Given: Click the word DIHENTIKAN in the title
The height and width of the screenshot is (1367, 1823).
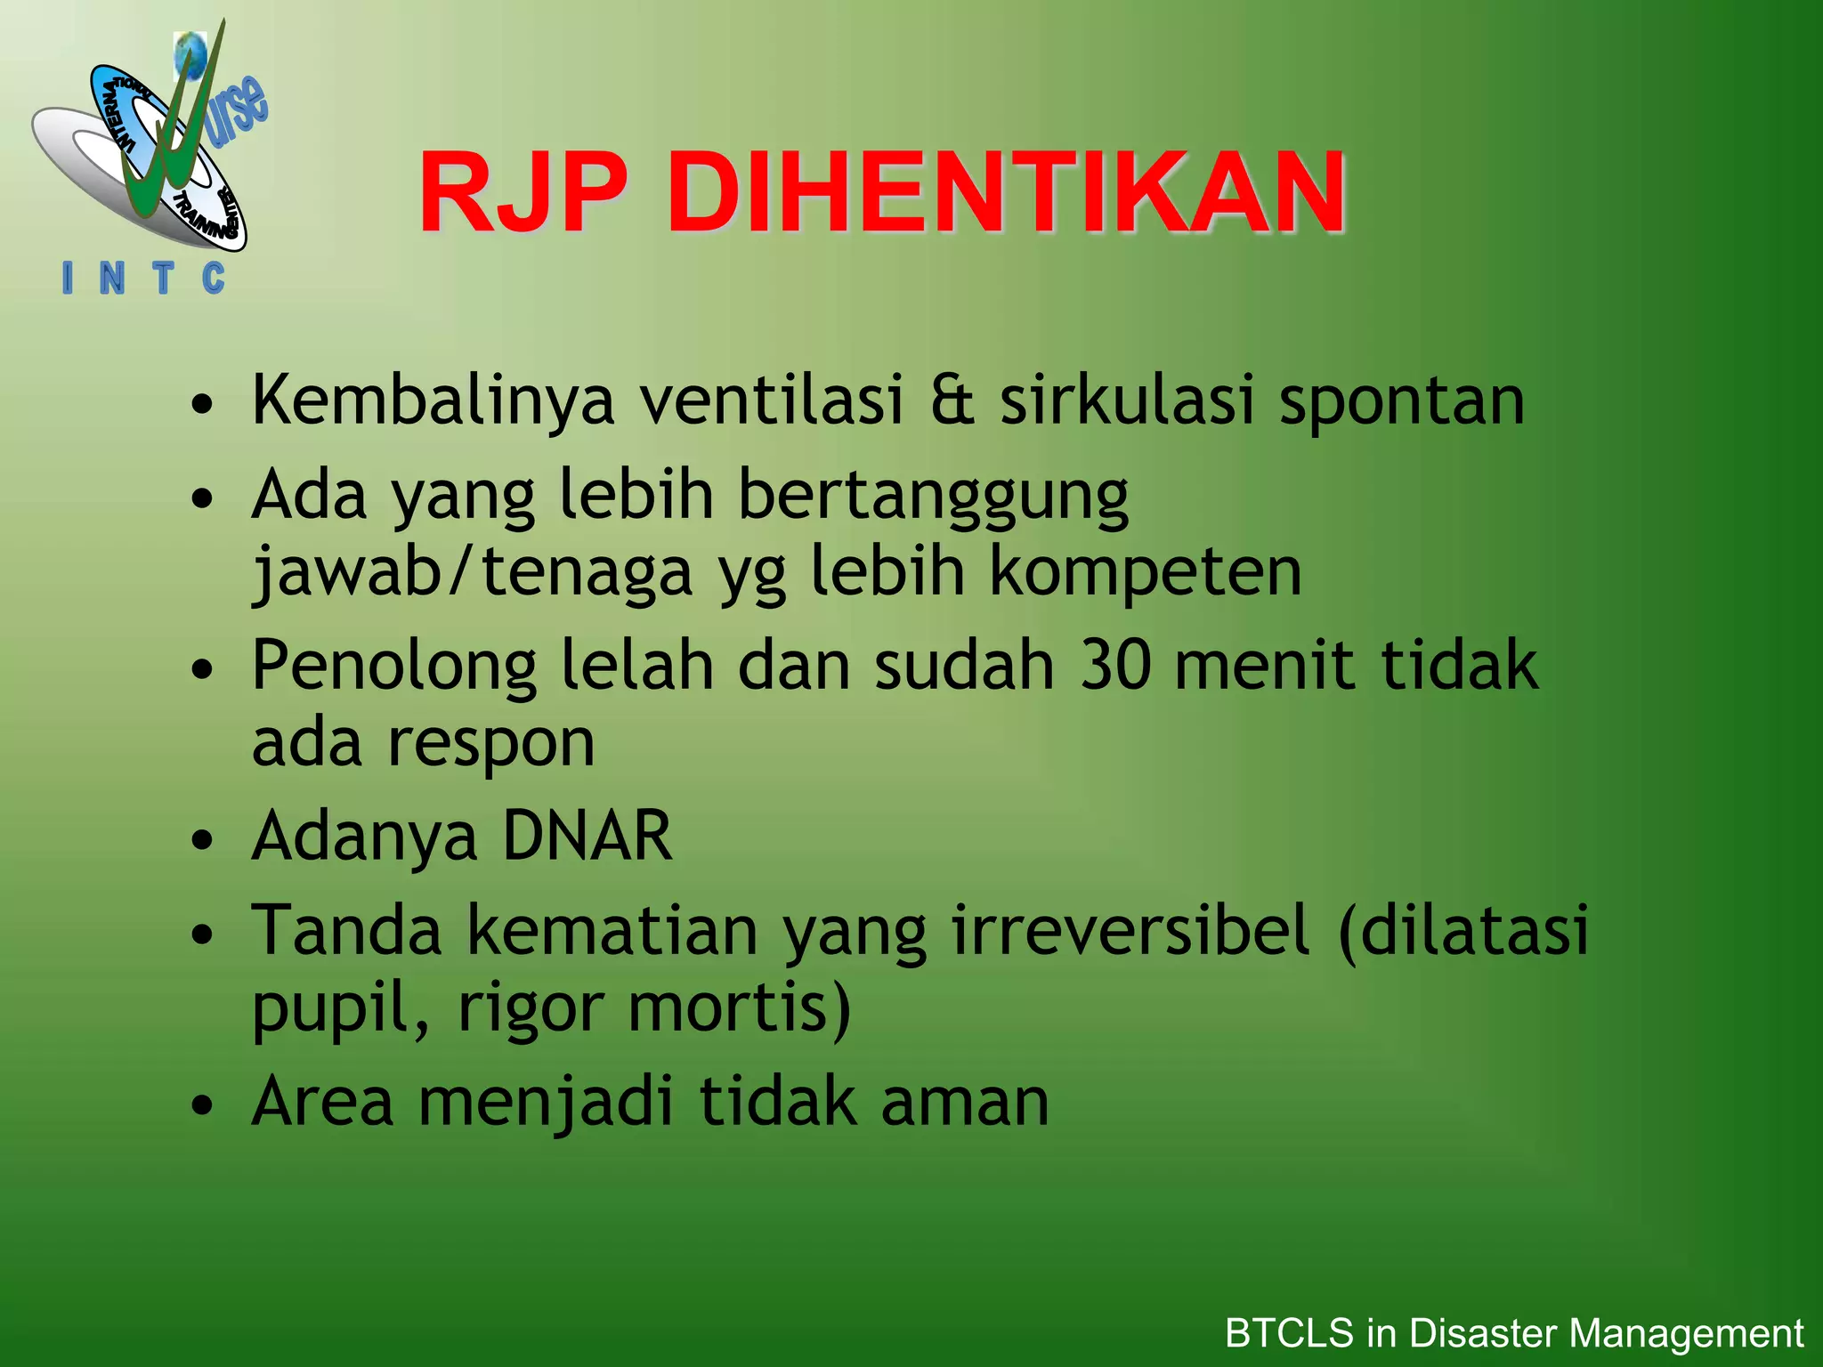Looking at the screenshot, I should (x=1007, y=193).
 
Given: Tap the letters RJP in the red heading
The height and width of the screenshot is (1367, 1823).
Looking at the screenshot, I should (x=522, y=193).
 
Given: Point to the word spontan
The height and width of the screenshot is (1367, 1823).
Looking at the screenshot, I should (x=1402, y=401).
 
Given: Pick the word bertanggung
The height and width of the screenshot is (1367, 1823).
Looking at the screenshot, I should (x=933, y=496).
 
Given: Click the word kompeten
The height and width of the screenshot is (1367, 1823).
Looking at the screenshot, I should (x=1146, y=571).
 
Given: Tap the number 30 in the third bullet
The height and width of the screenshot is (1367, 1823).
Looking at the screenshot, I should (x=1113, y=665).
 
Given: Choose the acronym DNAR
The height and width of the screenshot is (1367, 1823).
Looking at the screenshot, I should (x=587, y=836).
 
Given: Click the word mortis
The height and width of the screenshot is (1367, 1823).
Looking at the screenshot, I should (x=739, y=1007).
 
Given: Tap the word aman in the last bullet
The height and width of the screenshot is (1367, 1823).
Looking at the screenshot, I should (x=965, y=1102).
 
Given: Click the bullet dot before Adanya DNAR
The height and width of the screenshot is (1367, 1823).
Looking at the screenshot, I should (x=203, y=839).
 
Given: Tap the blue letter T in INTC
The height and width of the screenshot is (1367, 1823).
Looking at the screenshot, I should (x=162, y=279).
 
